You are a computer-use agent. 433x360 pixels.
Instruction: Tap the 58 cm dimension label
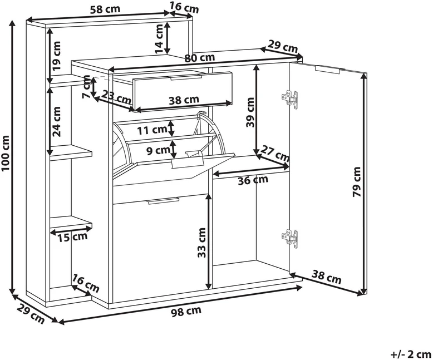coord(105,9)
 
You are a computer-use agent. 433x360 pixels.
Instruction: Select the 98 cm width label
coord(186,311)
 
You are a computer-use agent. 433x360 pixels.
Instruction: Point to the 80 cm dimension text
coord(200,58)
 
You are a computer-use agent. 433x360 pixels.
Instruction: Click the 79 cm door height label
coord(357,182)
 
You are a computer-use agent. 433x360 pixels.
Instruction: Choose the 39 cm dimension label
coord(250,112)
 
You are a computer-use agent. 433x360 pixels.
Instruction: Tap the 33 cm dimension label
coord(202,243)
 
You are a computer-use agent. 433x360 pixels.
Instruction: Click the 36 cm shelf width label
coord(253,180)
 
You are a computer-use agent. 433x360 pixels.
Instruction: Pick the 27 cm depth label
coord(275,154)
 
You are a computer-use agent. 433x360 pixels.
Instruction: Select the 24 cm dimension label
coord(56,122)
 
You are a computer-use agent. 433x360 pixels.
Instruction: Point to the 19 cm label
coord(56,56)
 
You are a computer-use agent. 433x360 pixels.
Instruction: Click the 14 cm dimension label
coord(159,38)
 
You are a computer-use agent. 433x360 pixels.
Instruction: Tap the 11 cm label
coord(152,130)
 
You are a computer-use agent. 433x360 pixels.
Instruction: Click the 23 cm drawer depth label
coord(116,97)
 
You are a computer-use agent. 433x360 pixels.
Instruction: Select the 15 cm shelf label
coord(72,237)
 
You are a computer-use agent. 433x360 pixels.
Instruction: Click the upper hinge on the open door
coord(289,100)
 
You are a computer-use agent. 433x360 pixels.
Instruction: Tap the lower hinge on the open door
coord(289,239)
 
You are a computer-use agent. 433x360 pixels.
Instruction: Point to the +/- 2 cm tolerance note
coord(410,354)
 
